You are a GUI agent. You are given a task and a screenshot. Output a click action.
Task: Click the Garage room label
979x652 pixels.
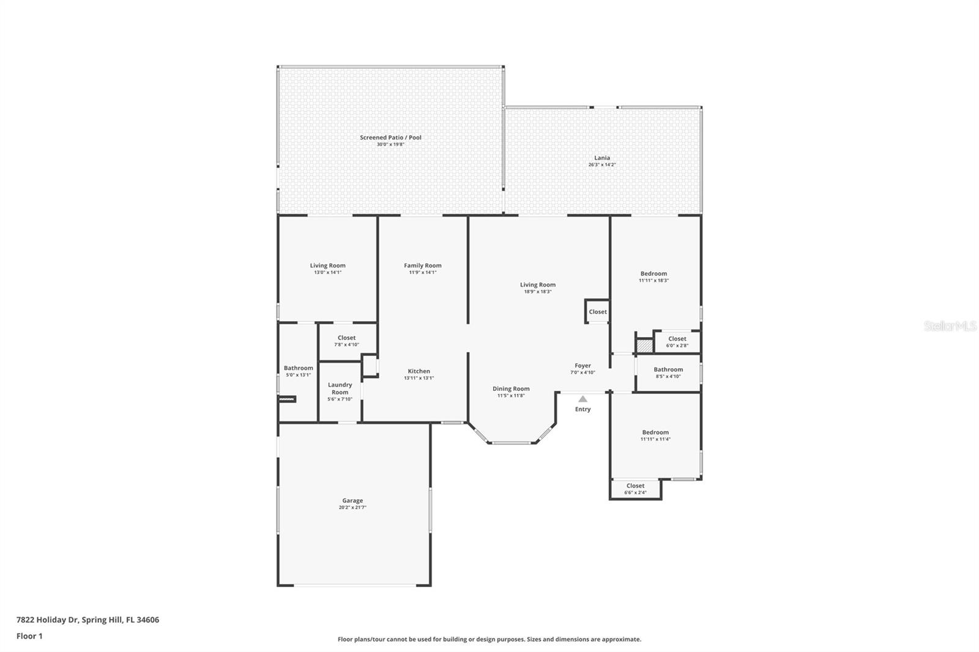tap(352, 501)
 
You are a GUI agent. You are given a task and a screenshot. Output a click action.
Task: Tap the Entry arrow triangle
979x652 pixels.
tap(583, 399)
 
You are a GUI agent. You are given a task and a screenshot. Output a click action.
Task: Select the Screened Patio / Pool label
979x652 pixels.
tap(390, 138)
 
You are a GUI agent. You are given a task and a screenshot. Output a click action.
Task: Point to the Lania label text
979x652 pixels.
tap(602, 158)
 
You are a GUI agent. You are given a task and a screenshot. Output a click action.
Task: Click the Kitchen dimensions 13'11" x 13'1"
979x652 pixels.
tap(419, 378)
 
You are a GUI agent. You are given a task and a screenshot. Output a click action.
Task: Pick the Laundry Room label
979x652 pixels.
tap(340, 388)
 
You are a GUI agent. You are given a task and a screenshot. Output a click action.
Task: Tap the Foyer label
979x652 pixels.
tap(583, 366)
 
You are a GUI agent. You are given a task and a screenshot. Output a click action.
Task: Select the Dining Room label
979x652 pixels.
tap(511, 389)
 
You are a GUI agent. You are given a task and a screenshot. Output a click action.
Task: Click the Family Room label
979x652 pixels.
tap(422, 265)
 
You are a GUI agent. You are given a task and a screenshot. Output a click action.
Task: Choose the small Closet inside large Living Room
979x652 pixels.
tap(598, 312)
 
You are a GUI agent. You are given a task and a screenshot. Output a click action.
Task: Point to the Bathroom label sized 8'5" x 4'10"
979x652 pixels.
tap(668, 369)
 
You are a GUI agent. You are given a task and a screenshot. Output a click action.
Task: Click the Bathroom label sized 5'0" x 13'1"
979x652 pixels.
tap(298, 368)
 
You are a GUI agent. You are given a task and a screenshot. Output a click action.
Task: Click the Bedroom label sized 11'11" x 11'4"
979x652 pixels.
tap(655, 432)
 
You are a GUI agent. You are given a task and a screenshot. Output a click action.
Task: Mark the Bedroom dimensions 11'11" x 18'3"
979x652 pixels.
tap(653, 281)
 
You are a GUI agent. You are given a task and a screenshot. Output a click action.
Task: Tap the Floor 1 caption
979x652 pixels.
tap(29, 636)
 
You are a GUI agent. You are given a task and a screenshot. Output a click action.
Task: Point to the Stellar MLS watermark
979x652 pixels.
tap(950, 327)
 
